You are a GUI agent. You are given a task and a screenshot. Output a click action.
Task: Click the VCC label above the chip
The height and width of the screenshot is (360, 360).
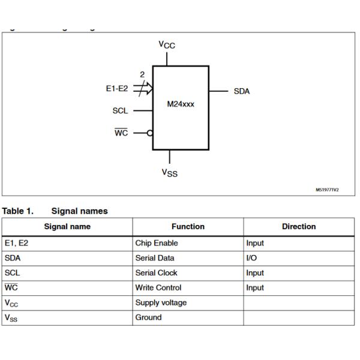[x=167, y=45]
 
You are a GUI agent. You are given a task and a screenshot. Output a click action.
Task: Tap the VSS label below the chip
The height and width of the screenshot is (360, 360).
[x=169, y=173]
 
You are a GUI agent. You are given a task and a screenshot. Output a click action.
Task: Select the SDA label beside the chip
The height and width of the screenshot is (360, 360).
[x=241, y=91]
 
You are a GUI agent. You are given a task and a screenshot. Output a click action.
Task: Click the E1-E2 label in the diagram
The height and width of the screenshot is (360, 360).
[x=116, y=88]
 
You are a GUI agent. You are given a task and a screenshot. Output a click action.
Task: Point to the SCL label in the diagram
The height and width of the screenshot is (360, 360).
[x=120, y=111]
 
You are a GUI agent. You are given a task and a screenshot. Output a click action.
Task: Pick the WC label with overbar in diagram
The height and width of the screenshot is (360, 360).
[x=121, y=133]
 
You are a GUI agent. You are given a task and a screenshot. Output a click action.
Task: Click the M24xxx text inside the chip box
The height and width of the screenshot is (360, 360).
[x=181, y=104]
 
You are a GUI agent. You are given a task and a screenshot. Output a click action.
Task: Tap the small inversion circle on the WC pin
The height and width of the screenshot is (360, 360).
[x=149, y=133]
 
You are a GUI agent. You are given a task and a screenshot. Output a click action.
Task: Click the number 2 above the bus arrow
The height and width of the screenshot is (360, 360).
[x=142, y=75]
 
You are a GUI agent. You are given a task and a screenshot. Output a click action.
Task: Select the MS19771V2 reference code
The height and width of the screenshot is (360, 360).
[x=327, y=190]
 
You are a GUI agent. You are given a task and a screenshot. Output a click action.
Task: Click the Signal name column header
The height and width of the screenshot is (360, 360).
[x=67, y=227]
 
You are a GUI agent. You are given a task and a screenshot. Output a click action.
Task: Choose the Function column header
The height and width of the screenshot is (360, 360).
[x=188, y=227]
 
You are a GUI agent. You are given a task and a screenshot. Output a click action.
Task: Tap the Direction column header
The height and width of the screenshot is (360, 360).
[x=298, y=227]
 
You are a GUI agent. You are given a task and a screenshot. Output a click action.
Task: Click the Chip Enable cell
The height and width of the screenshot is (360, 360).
[x=156, y=244]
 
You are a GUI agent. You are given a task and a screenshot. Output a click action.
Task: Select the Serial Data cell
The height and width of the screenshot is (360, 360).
[x=154, y=258]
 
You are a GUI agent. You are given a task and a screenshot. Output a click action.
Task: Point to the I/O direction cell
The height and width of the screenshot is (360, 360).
[x=251, y=258]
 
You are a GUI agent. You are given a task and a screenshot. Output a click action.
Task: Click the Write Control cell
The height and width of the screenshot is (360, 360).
[x=158, y=288]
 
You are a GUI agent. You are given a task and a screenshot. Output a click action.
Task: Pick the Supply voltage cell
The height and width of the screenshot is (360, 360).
[x=160, y=303]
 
